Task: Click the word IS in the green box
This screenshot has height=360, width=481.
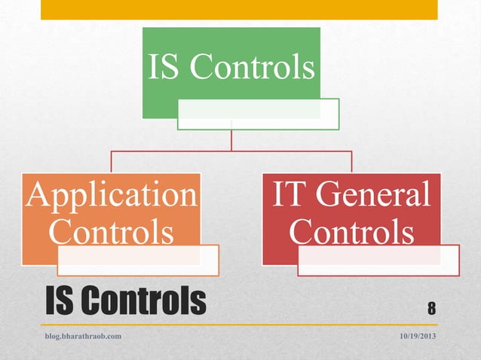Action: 164,67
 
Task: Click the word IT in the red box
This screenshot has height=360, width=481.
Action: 287,196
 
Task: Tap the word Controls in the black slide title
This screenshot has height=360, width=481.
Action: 143,301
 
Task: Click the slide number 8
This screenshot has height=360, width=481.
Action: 432,307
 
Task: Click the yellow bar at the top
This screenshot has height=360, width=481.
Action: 239,9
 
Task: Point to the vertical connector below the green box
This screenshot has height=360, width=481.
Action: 232,140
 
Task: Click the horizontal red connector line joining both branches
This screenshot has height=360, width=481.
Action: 232,151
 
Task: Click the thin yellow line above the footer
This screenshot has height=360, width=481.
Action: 239,325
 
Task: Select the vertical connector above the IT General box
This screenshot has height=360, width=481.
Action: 352,162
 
